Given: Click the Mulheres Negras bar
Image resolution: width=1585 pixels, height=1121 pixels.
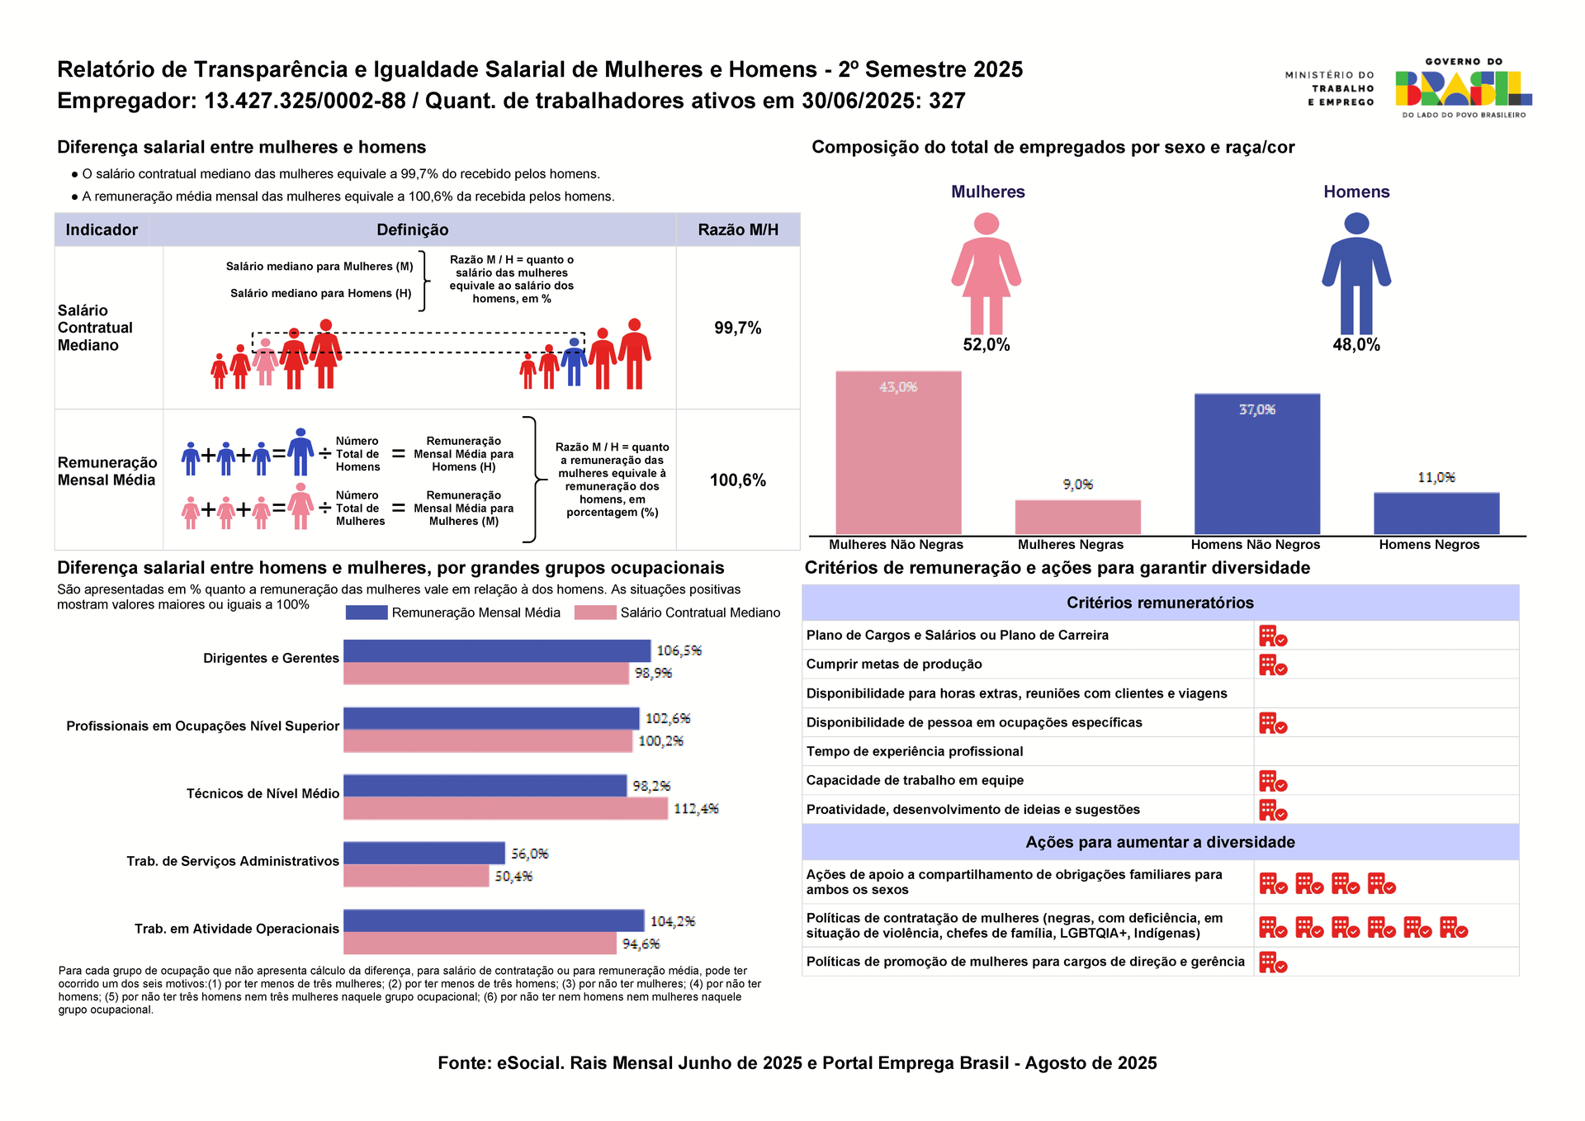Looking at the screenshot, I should [x=1077, y=517].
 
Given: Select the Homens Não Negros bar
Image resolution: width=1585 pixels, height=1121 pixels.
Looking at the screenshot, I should [x=1256, y=464].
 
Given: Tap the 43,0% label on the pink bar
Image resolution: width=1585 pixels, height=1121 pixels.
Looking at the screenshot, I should [x=898, y=387].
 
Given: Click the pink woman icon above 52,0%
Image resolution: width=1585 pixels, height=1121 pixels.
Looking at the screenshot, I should [x=986, y=273].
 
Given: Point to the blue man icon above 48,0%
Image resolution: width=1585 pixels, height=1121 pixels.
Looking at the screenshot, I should [x=1356, y=273].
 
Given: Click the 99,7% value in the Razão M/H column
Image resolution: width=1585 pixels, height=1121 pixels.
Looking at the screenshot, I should [x=737, y=328].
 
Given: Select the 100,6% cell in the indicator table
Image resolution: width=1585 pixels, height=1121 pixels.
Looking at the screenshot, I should [x=737, y=480].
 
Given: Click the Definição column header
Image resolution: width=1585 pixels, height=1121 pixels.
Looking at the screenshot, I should [x=412, y=229].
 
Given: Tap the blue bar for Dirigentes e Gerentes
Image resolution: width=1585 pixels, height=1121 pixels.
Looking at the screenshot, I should [x=496, y=650].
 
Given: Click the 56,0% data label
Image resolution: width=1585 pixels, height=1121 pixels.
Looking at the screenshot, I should [x=529, y=854].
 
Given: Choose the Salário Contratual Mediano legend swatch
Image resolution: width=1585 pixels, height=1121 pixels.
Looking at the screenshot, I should [x=594, y=613].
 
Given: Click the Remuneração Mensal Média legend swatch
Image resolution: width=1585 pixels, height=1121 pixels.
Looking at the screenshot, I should [x=366, y=613].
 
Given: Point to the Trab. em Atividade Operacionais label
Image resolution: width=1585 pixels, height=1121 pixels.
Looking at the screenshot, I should [x=237, y=929].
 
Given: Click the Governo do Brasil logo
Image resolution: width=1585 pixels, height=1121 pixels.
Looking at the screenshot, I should [x=1463, y=88].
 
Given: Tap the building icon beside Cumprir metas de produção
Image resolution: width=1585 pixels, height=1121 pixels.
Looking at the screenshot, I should [x=1272, y=665].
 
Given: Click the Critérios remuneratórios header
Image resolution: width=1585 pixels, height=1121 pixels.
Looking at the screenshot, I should [x=1160, y=603].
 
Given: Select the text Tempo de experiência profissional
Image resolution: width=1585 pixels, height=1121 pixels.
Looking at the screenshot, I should [x=914, y=751].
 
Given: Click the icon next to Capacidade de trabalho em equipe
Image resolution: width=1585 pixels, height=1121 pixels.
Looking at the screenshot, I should [x=1272, y=781].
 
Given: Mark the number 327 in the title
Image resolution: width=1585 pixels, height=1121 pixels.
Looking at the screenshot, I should [x=947, y=101].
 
